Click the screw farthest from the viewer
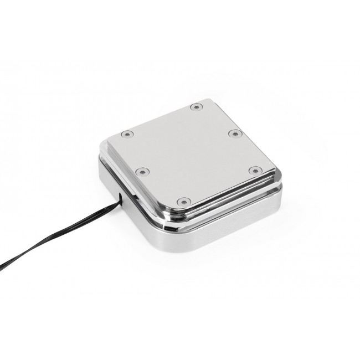point(195,106)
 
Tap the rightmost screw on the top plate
point(255,171)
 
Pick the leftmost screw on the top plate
point(127,134)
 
